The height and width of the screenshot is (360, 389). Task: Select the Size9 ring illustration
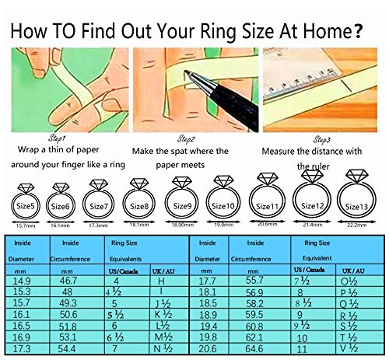[x=183, y=204]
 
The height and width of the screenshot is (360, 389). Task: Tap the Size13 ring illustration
[x=357, y=204]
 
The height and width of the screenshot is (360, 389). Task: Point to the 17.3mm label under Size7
[x=98, y=225]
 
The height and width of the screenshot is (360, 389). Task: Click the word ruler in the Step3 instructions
[x=321, y=166]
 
